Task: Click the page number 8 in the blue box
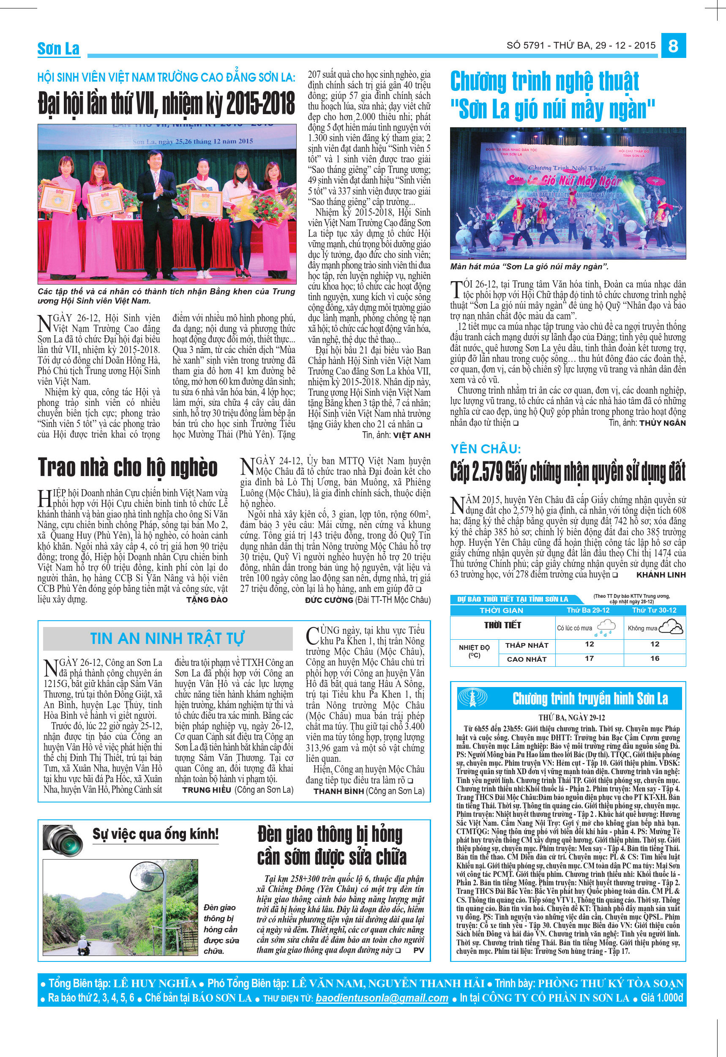673,46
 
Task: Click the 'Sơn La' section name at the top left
58,49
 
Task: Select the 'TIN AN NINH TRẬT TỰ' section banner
166,638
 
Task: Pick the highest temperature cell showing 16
655,658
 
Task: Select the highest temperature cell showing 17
589,658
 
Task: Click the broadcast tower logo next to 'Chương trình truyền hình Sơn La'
472,698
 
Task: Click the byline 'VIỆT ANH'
412,435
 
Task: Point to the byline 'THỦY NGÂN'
662,423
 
